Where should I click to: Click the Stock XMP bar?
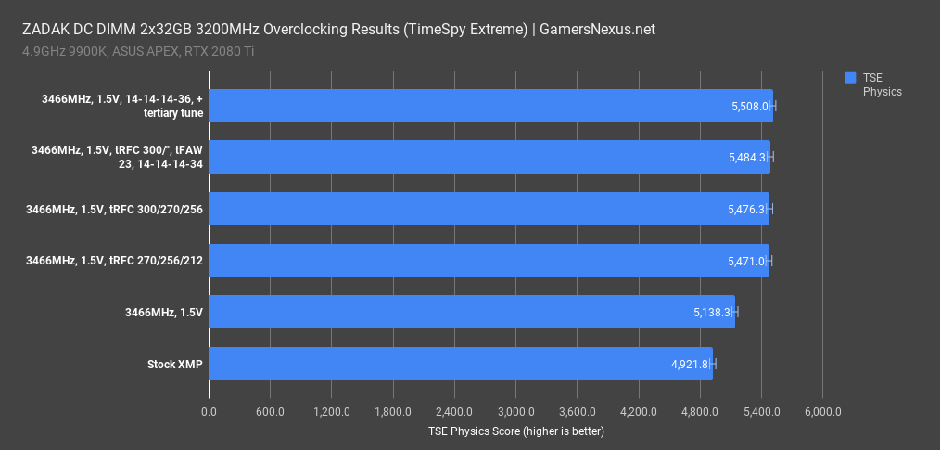(x=460, y=364)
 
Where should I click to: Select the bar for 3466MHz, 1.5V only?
(x=471, y=312)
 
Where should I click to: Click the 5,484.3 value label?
(x=747, y=158)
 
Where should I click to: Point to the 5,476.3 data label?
(x=746, y=210)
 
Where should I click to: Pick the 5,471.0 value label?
(x=746, y=261)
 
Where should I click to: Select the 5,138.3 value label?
(x=712, y=313)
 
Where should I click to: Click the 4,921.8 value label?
(x=690, y=365)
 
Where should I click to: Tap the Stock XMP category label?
(x=175, y=364)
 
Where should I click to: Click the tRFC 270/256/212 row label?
(x=114, y=261)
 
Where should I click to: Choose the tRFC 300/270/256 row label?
(x=114, y=210)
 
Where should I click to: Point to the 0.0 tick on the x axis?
(x=209, y=411)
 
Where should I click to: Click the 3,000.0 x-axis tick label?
(x=515, y=411)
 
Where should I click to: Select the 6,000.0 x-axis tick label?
(x=822, y=411)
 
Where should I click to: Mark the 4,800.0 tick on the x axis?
(x=700, y=411)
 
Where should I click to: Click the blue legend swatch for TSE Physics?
(x=851, y=78)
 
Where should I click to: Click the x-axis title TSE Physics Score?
(x=515, y=431)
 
